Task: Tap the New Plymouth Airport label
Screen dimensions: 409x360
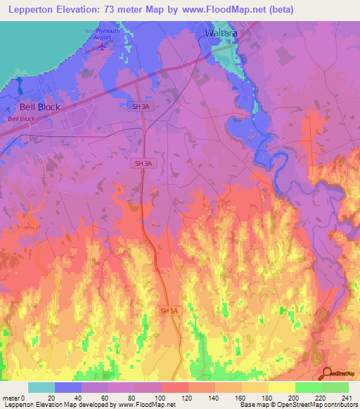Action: (103, 36)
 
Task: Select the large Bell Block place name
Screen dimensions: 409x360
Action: (39, 108)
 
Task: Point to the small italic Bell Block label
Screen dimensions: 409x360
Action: (22, 119)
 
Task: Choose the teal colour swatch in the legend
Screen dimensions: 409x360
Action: (41, 387)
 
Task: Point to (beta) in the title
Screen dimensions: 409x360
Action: (278, 10)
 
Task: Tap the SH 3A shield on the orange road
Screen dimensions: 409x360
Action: (169, 311)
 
